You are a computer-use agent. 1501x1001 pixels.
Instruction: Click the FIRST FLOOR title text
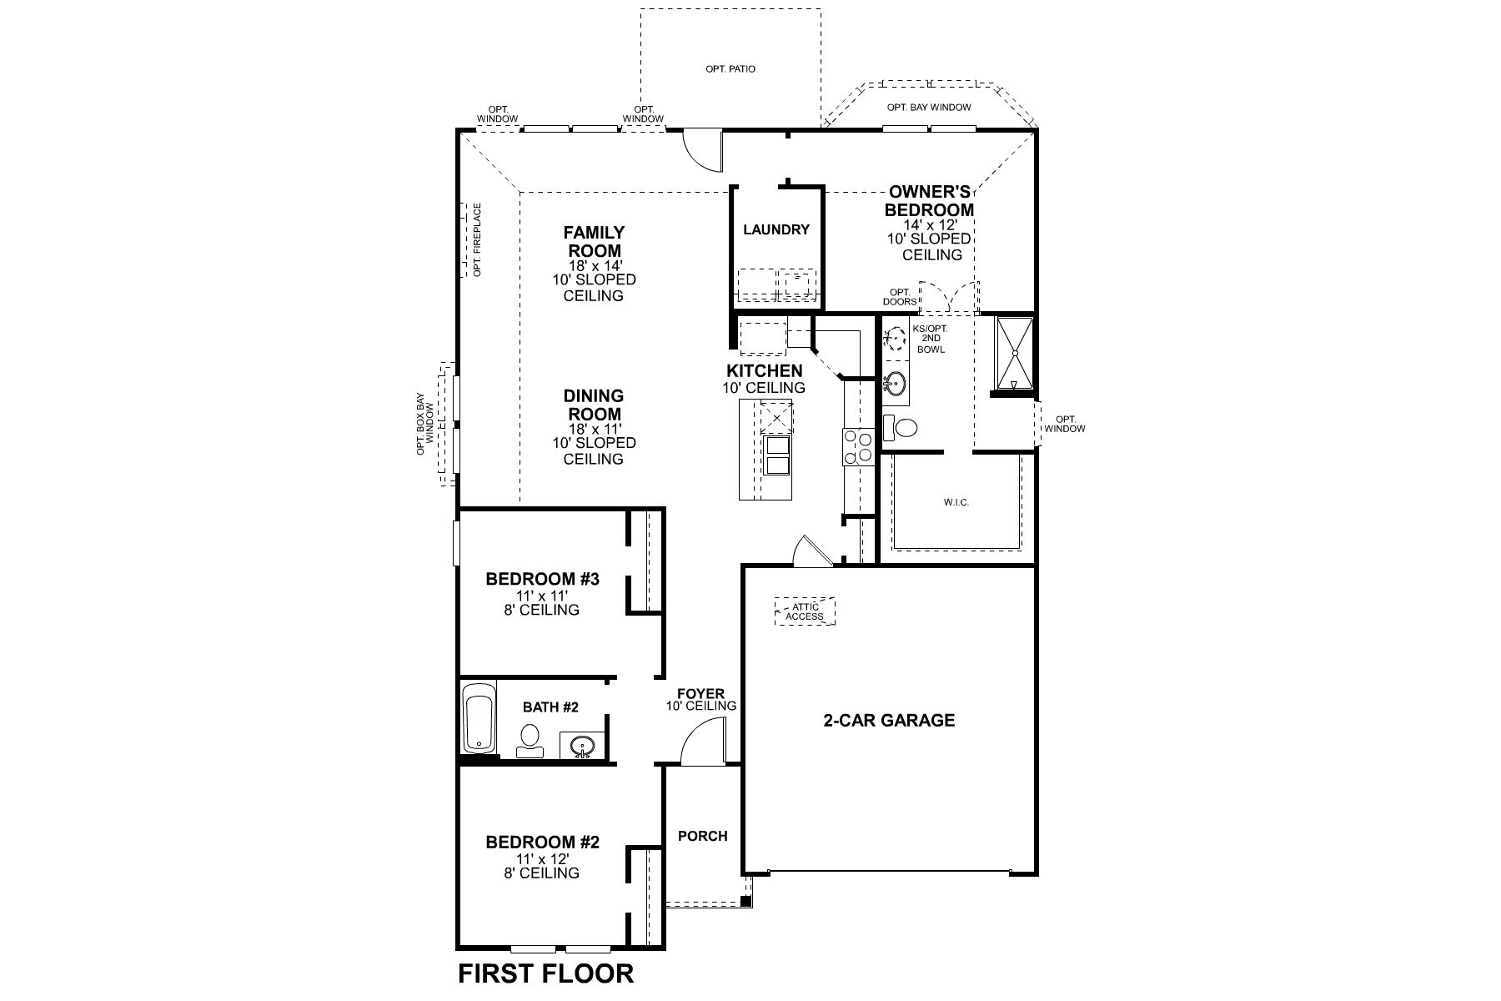[545, 973]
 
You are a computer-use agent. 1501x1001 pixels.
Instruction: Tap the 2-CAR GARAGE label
[889, 720]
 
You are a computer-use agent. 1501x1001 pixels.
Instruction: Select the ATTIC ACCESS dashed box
[805, 611]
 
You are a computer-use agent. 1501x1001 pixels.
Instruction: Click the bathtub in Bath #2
[479, 717]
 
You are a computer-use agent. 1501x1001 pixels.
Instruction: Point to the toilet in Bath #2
[529, 739]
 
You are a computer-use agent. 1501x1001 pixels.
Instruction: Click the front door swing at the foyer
[699, 745]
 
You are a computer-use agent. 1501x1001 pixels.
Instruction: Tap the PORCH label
[702, 836]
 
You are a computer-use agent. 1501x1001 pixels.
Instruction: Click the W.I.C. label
[956, 503]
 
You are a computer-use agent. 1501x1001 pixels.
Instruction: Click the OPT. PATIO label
[730, 69]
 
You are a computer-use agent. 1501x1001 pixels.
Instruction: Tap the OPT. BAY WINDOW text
[928, 108]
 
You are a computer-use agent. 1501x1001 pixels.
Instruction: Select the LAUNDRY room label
[776, 229]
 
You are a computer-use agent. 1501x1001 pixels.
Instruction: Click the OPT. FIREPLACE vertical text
[477, 239]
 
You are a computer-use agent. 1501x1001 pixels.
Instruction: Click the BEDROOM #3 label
[542, 578]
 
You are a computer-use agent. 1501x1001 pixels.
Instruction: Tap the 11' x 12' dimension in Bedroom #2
[542, 858]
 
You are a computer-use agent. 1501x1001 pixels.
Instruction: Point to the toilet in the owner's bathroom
[901, 428]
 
